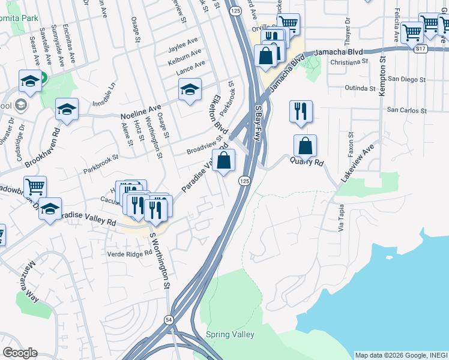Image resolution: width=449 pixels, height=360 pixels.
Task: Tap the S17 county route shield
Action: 420,49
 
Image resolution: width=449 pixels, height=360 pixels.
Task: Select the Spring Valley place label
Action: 230,334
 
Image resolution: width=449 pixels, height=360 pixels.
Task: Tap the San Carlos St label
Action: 406,110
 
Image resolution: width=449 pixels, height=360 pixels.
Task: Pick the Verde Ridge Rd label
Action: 129,254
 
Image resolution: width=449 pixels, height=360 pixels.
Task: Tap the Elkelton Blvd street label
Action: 220,113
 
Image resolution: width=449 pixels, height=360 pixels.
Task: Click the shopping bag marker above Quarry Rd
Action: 305,146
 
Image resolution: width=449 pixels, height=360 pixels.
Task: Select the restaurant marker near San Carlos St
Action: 300,112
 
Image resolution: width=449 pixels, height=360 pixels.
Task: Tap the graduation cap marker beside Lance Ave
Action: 190,90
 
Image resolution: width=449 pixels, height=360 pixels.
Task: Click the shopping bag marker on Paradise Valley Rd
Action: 223,161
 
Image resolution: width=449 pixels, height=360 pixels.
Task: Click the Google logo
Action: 20,353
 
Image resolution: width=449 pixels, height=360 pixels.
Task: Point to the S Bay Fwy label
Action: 258,123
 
